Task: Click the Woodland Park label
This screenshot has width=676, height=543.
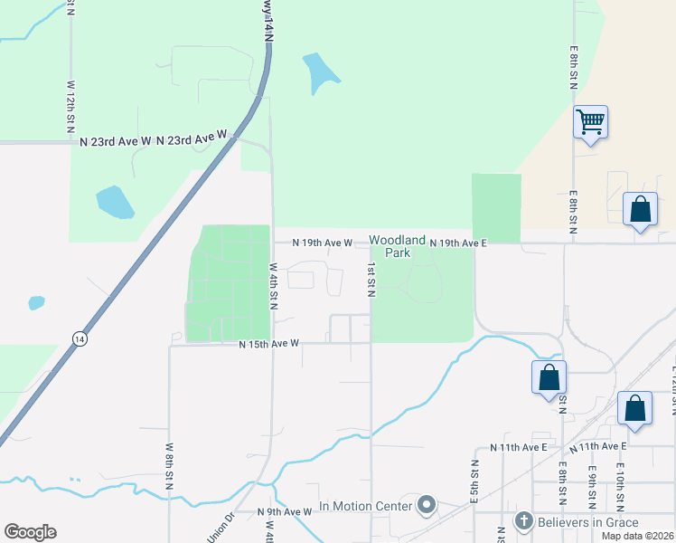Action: [398, 246]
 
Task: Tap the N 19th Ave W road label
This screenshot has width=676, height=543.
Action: [324, 243]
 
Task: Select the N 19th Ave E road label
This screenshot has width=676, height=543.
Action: [458, 243]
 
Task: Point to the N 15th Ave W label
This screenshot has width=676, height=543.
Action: [268, 344]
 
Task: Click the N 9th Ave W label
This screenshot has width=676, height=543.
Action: [284, 511]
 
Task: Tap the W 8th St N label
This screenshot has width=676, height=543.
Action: [169, 466]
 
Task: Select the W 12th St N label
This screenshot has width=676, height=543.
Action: [70, 107]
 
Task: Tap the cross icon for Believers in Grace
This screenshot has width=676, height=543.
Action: [523, 521]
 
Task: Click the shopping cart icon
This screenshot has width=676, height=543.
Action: [590, 121]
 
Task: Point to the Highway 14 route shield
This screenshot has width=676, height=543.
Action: [80, 338]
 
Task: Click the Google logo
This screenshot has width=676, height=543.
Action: [30, 532]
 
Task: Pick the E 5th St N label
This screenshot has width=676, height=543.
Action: [474, 480]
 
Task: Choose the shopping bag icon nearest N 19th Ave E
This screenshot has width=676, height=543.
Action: [641, 209]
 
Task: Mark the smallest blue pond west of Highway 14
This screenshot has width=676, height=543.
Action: [36, 302]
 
